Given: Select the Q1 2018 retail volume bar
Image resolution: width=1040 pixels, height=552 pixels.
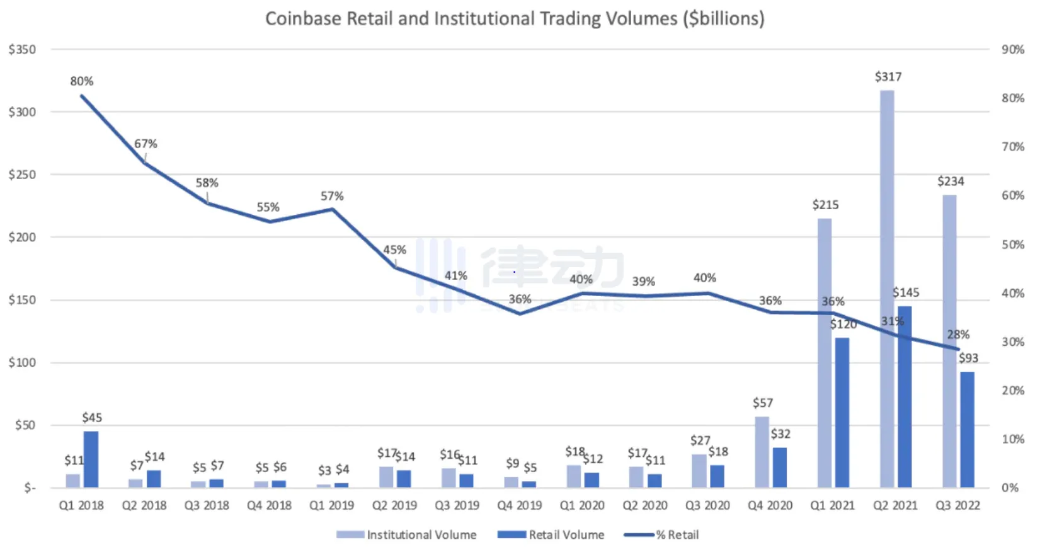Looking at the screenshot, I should point(91,459).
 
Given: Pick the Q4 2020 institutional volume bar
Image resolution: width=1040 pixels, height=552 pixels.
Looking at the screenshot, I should point(762,452).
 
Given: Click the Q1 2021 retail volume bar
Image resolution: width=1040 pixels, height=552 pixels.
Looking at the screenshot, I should point(842,413).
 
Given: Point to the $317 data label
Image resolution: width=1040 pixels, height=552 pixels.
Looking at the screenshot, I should point(888,77).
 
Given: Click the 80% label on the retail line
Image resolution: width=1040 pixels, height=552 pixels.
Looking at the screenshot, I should point(82,81).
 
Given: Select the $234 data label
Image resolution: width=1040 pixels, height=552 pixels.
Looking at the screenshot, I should point(951,181).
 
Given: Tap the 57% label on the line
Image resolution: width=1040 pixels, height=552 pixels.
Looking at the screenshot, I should point(332,196).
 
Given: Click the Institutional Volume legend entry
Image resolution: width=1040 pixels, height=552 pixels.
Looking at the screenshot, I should point(407,535).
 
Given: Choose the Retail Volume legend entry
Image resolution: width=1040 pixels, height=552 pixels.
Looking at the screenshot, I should point(551,535).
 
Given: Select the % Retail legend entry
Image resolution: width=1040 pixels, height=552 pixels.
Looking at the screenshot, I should point(662,535).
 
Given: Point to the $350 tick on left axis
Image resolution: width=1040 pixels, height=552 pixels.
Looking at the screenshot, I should point(22,50).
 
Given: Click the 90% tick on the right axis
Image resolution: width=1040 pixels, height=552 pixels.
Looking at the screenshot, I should point(1013,50).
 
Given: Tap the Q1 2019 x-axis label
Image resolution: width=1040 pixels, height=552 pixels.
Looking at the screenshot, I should point(332,505).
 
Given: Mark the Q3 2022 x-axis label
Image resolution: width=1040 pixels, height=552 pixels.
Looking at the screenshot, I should point(957,505).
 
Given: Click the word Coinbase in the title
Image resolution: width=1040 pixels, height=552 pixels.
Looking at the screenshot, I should point(303,19).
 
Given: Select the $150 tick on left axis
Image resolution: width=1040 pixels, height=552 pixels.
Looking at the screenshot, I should point(22,300).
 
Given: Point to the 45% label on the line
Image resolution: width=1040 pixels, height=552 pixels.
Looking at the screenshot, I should point(395,250).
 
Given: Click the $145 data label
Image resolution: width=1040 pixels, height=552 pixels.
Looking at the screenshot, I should point(906,292).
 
